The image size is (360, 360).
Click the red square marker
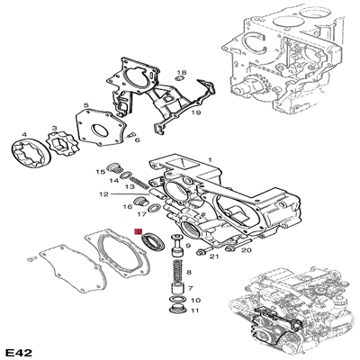click(138, 234)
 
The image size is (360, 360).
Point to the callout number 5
click(85, 106)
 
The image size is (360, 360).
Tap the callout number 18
click(181, 72)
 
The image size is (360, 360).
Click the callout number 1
click(210, 160)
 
